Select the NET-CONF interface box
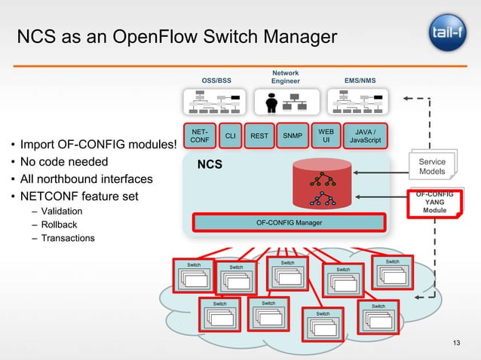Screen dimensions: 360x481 click(200, 136)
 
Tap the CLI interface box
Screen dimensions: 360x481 click(231, 136)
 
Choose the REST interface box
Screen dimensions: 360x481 click(259, 136)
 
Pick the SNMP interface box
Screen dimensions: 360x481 click(293, 136)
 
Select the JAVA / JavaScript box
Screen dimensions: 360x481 click(365, 136)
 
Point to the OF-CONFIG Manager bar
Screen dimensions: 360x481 click(290, 223)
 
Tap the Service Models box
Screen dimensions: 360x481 click(432, 166)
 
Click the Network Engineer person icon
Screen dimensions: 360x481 click(271, 99)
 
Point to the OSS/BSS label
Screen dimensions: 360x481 click(216, 80)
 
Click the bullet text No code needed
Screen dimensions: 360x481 click(64, 162)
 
